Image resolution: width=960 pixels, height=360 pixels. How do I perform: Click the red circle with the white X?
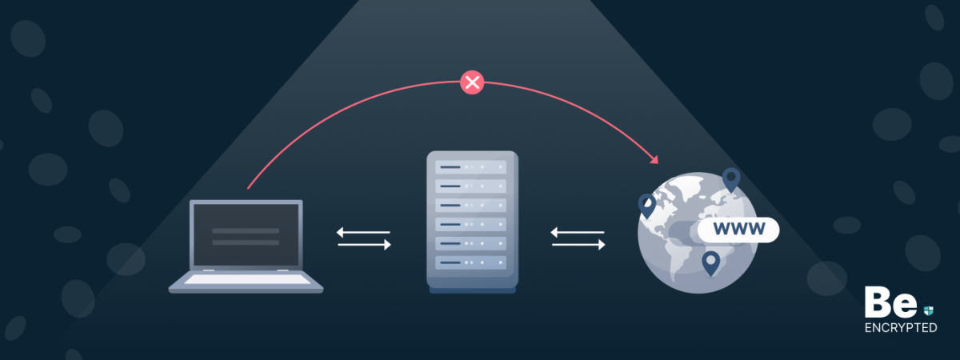(472, 82)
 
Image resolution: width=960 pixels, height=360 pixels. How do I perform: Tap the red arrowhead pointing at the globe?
(654, 158)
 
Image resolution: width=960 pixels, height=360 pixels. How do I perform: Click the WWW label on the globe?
(737, 230)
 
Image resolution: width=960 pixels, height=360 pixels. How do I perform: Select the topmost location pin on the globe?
(730, 178)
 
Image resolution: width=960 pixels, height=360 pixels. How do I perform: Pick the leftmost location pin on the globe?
(646, 205)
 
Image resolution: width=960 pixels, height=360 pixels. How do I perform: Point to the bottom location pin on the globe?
(710, 262)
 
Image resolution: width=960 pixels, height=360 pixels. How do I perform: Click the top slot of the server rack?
(471, 167)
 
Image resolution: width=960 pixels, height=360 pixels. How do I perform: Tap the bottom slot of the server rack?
(471, 262)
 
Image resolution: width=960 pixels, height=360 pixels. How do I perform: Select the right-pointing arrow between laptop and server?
(365, 245)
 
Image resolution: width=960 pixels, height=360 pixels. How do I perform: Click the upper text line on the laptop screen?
(246, 230)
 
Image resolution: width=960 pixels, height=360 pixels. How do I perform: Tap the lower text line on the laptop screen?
(246, 241)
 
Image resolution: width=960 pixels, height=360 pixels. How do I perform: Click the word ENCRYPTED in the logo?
(901, 328)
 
